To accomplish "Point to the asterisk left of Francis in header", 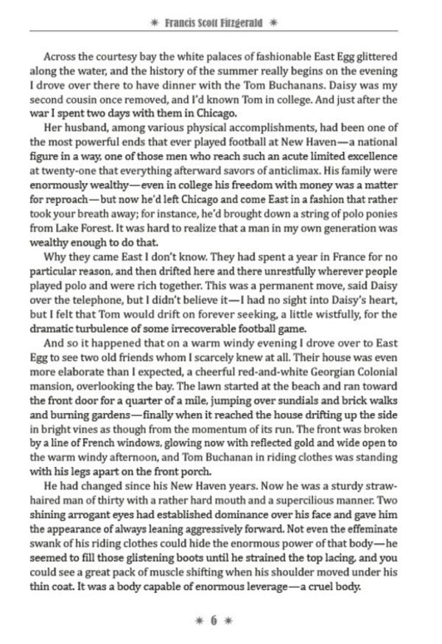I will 152,23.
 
